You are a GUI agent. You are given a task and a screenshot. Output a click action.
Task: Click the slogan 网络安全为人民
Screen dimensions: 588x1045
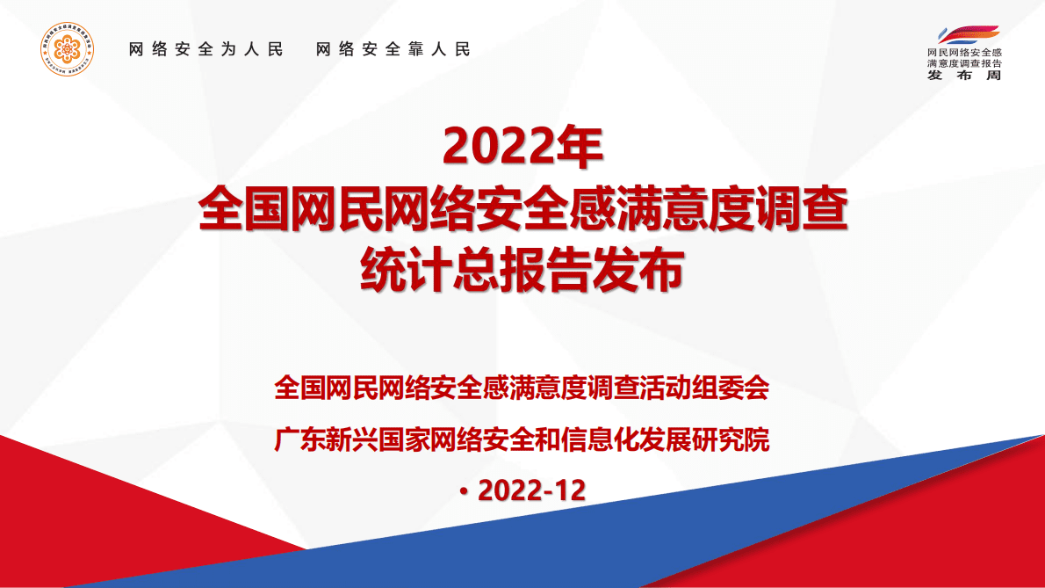point(206,49)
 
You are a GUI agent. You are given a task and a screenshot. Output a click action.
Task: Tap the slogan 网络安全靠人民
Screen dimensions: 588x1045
point(393,49)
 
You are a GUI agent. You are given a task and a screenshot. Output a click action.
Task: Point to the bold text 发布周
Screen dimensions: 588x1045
point(963,76)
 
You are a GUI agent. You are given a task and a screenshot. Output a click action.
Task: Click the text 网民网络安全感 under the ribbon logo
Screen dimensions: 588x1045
point(963,54)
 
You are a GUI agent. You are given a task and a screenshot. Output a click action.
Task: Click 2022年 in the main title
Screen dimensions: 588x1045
point(522,147)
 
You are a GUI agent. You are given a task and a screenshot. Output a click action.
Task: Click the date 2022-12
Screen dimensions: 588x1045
point(531,490)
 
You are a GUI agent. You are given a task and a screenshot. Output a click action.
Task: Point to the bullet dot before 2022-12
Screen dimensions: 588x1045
point(465,492)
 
